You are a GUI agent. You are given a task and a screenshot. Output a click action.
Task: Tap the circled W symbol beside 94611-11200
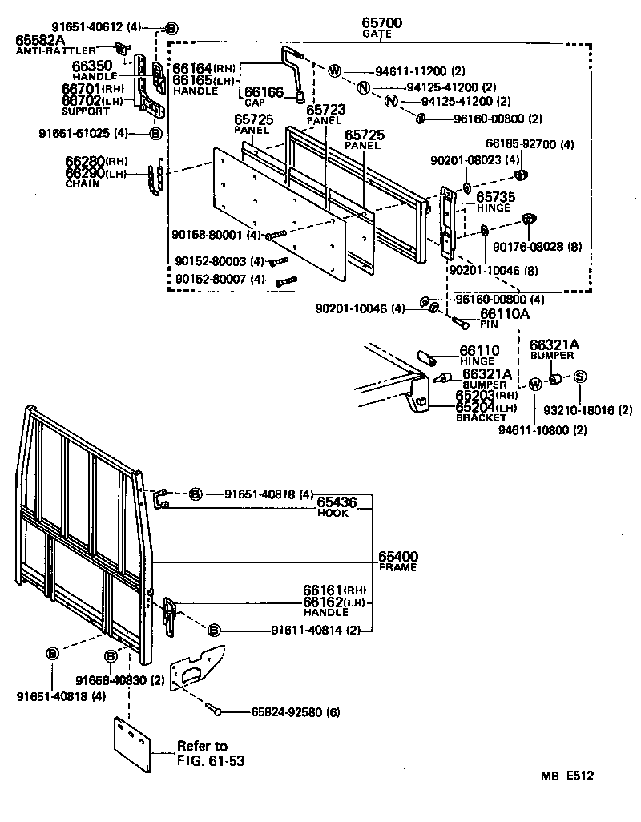click(x=334, y=71)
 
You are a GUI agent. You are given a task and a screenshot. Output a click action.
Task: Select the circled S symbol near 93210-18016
click(x=579, y=377)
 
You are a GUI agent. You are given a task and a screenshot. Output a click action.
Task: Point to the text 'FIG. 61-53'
click(x=212, y=760)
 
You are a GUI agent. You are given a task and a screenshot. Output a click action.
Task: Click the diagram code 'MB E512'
click(x=566, y=776)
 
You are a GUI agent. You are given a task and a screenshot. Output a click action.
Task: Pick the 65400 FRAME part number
click(x=398, y=556)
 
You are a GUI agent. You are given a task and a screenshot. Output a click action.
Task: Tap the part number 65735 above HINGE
click(x=495, y=196)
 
